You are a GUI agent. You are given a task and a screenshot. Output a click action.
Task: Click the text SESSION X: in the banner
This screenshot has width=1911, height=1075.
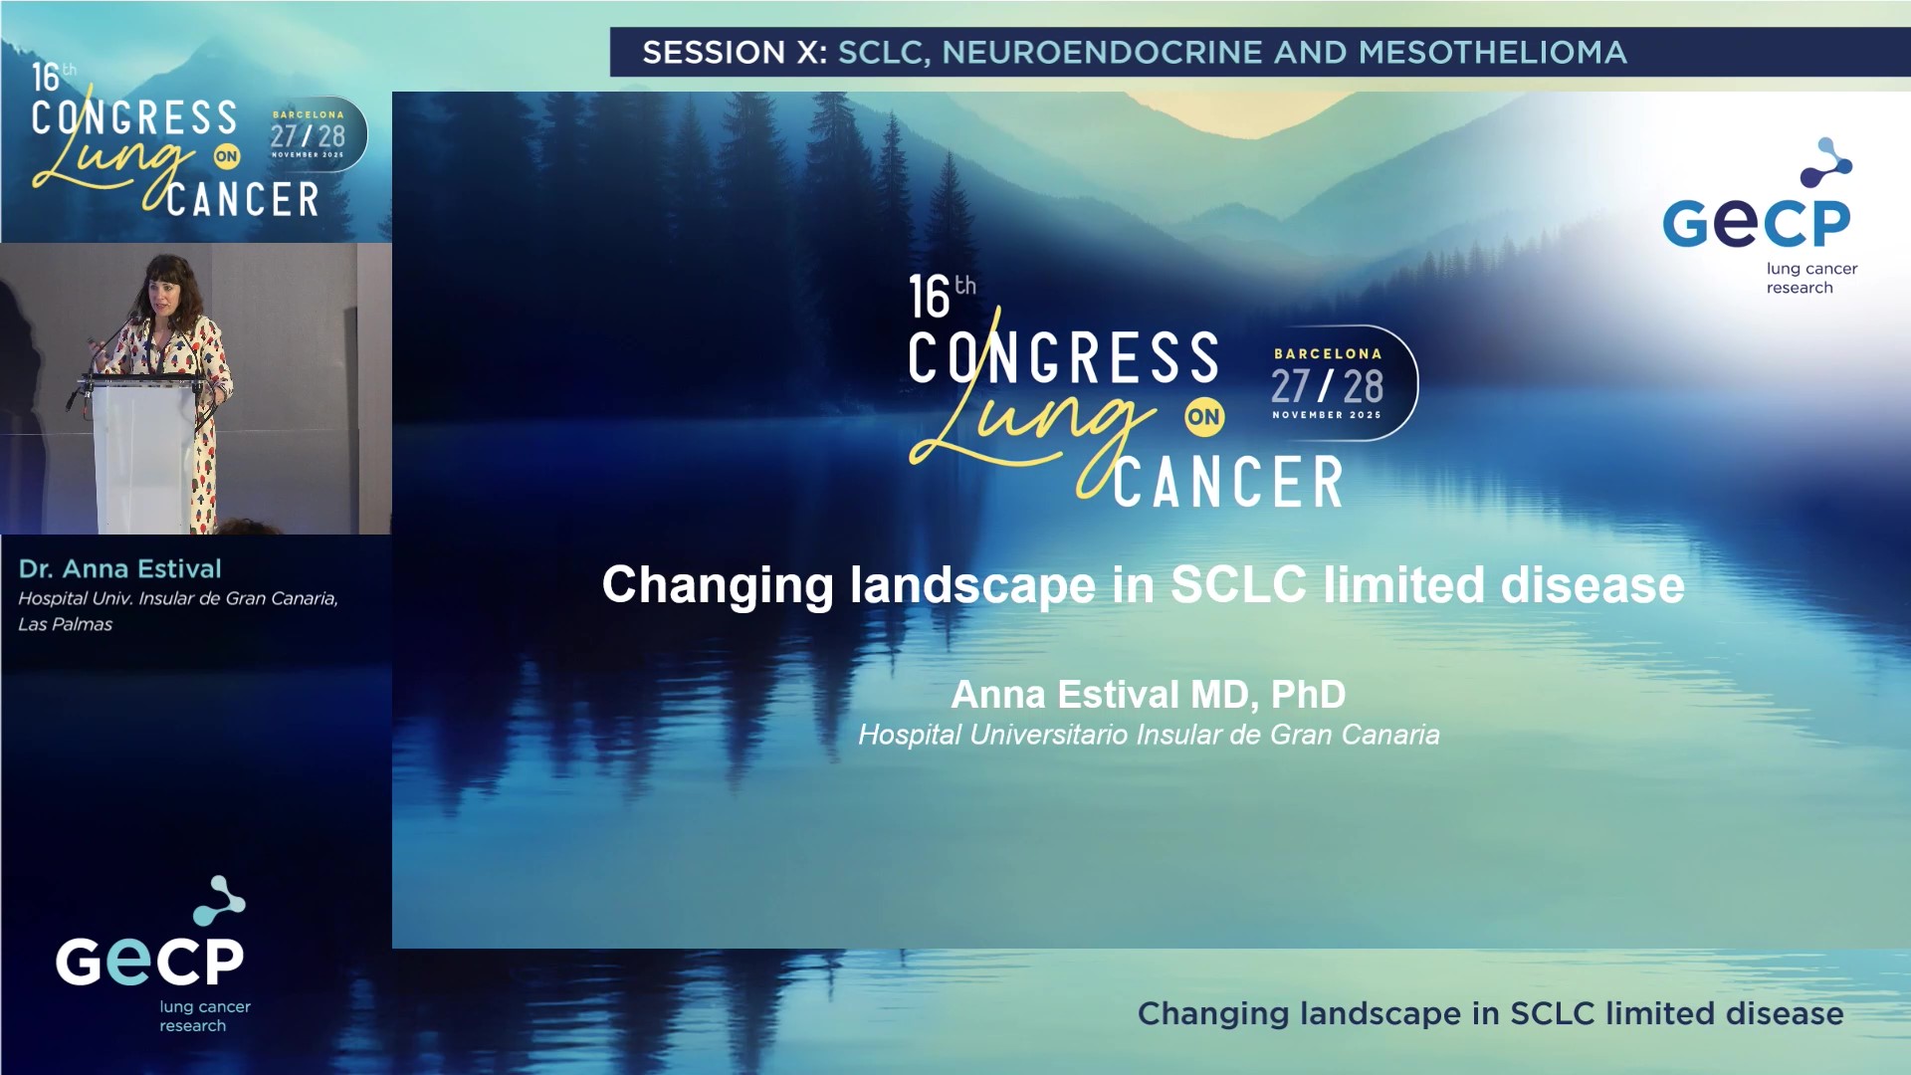(735, 52)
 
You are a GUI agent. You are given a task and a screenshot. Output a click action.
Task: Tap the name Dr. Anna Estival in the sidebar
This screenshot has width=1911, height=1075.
(119, 568)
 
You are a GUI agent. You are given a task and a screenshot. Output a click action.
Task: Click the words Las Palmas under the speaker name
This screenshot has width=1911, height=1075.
(66, 624)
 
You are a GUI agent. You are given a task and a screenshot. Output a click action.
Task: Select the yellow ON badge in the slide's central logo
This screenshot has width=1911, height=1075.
(1203, 417)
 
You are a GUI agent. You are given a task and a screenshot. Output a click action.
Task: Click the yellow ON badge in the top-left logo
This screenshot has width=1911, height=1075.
(227, 156)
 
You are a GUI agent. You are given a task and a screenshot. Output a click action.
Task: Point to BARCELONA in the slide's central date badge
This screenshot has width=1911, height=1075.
(1328, 353)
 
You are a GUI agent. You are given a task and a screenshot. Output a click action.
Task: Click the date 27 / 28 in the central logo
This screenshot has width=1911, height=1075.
(1327, 386)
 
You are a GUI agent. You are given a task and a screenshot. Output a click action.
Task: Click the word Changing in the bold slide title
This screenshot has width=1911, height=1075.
(717, 584)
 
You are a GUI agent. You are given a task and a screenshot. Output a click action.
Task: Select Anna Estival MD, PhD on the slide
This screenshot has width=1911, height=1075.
(1148, 694)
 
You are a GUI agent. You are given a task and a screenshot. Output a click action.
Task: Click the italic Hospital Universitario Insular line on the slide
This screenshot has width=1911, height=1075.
(1149, 735)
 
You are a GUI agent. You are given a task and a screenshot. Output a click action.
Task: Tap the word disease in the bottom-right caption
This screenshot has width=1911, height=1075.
(1784, 1013)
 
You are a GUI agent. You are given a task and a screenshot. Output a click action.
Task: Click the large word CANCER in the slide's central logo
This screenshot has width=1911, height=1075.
(1228, 483)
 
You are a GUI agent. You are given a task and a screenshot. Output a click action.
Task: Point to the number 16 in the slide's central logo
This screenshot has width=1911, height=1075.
(929, 298)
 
